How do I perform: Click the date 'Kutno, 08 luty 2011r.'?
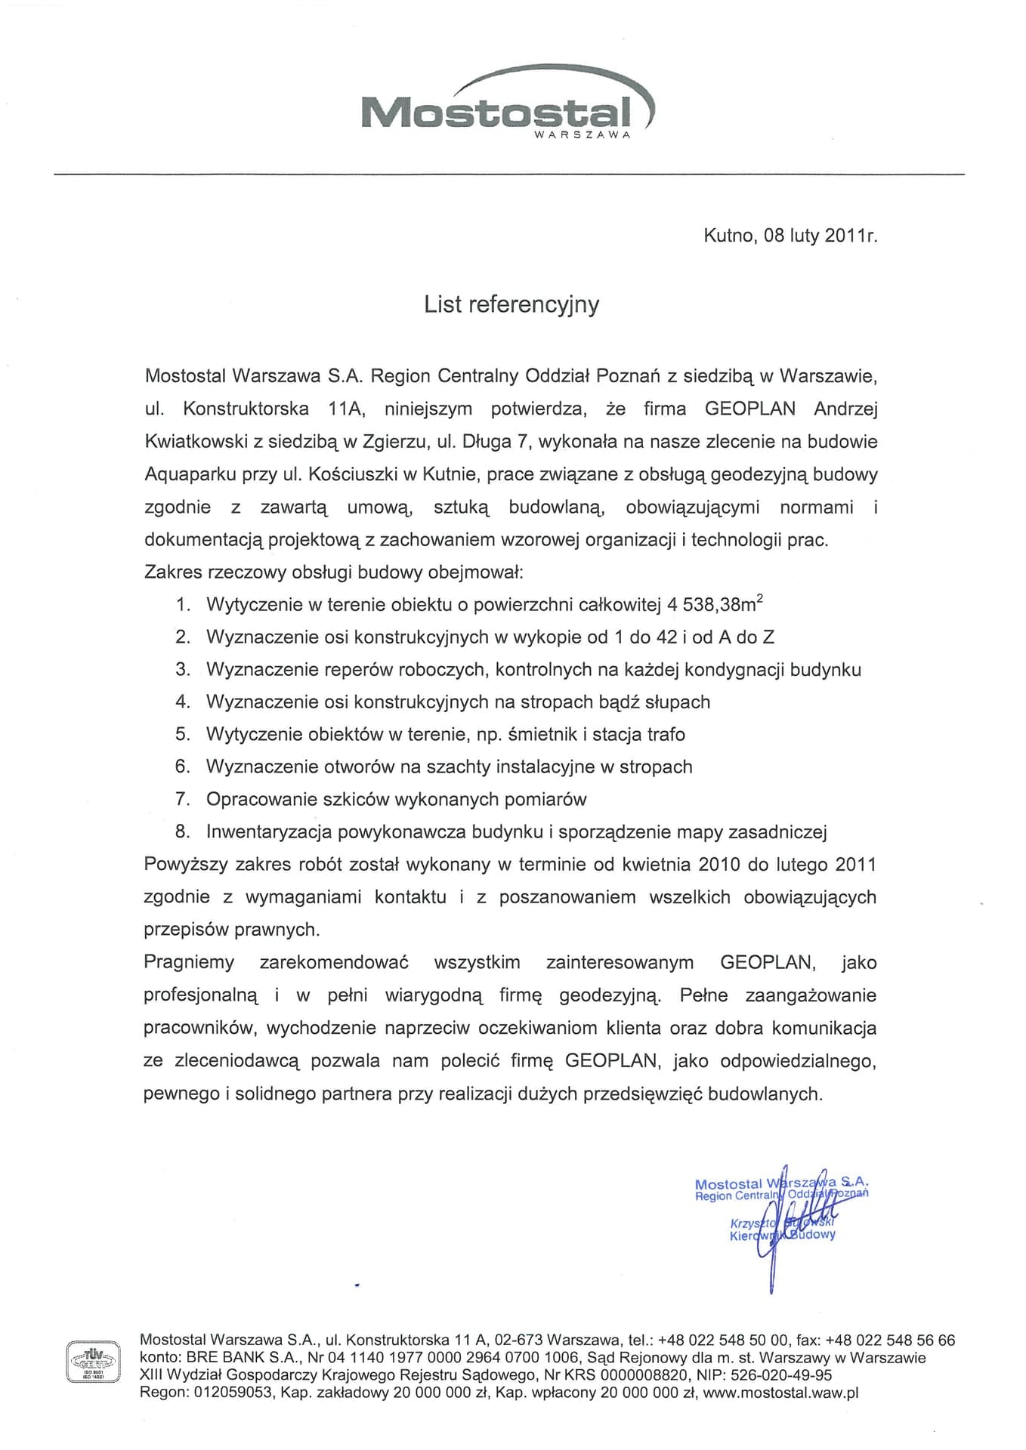790,236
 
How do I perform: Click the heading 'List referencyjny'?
511,304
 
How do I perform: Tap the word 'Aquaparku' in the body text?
186,475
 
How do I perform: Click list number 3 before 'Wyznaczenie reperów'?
182,670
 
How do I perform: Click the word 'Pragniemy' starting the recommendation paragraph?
189,963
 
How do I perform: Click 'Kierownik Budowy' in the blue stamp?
782,1236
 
